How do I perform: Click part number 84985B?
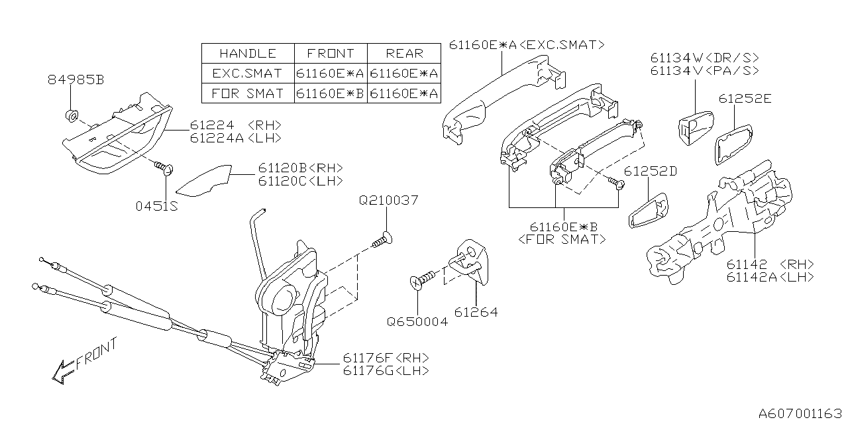(76, 80)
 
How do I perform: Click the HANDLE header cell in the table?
(247, 54)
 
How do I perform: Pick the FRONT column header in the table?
(330, 54)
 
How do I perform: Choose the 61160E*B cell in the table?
(330, 93)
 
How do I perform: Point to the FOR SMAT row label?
(247, 93)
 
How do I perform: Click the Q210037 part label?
(388, 200)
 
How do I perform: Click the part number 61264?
(476, 312)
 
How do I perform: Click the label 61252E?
(745, 99)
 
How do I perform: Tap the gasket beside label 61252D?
(649, 211)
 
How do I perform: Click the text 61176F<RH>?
(385, 358)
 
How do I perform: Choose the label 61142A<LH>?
(770, 278)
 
